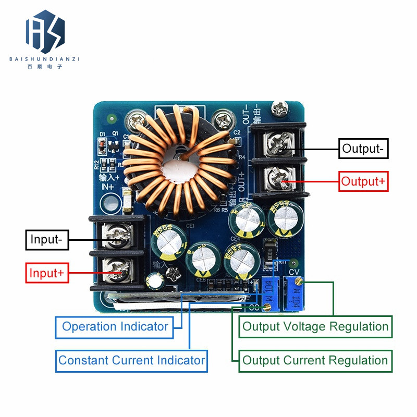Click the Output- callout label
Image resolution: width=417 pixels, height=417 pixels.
click(363, 149)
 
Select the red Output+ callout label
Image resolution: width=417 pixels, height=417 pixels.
click(364, 181)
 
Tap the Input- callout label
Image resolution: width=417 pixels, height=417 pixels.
click(46, 240)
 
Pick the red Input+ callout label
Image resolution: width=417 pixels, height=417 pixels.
click(46, 273)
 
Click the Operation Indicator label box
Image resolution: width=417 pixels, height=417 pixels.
click(115, 327)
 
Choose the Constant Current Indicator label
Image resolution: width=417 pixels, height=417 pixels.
click(131, 360)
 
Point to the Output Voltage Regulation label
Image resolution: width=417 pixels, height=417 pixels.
click(315, 327)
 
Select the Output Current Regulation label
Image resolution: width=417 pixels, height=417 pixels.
click(315, 360)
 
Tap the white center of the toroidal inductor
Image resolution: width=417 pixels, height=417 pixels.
click(177, 168)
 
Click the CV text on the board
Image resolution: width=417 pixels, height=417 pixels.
click(294, 271)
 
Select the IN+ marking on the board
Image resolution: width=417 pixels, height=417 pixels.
click(107, 187)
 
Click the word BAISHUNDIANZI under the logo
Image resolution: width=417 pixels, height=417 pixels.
click(44, 59)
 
